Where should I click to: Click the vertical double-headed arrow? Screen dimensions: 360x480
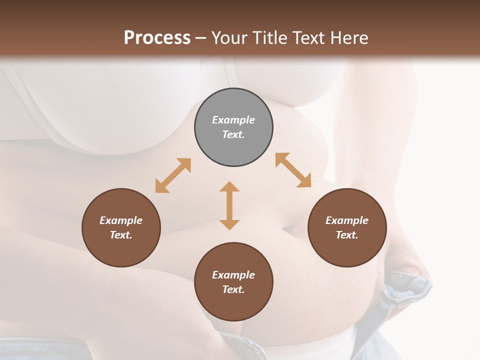[229, 205]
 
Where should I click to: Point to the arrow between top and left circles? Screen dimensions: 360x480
[173, 175]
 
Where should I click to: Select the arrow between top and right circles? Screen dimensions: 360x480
[293, 170]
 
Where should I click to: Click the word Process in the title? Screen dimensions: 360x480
[157, 37]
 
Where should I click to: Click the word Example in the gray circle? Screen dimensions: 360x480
[233, 120]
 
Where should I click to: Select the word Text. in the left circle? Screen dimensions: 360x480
[121, 235]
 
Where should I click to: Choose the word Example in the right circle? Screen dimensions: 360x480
[347, 220]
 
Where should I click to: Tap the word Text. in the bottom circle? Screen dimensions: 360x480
[233, 289]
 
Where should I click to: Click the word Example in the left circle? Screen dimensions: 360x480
[121, 220]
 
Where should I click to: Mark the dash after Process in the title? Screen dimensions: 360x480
[200, 38]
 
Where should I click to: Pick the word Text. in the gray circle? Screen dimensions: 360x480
[233, 134]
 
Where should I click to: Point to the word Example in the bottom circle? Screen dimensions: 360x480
[233, 275]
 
